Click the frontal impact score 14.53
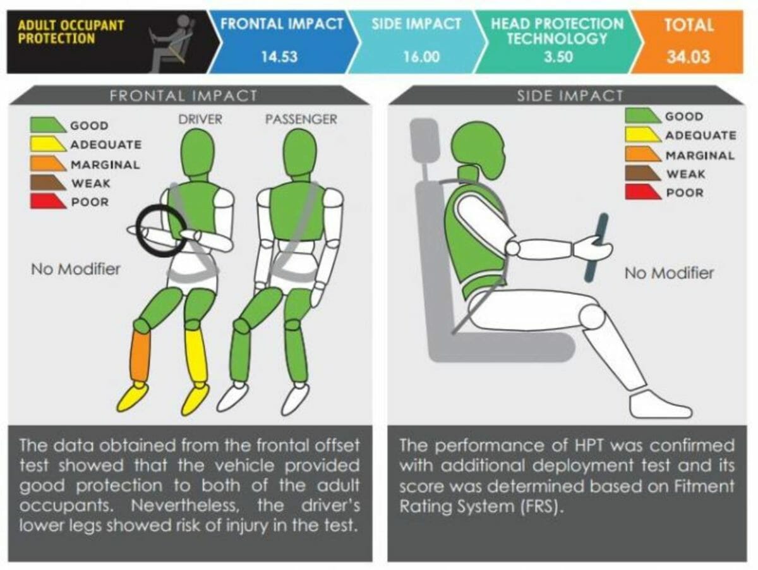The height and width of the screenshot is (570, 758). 279,57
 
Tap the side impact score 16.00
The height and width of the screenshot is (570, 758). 422,57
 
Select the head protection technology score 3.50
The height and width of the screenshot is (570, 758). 558,57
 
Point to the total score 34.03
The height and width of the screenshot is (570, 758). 689,57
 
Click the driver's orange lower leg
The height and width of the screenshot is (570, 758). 141,356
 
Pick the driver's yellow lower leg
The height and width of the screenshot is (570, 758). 196,356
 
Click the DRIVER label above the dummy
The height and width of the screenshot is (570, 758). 200,119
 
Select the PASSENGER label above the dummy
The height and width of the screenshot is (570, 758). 301,119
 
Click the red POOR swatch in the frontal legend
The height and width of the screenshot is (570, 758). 47,202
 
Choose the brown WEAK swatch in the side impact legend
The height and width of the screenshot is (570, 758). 642,173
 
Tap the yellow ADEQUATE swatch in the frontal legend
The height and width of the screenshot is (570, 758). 47,144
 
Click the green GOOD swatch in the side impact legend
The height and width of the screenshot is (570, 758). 642,116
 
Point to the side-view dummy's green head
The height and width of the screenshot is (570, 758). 478,149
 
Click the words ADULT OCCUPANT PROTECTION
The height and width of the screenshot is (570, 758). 71,32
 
